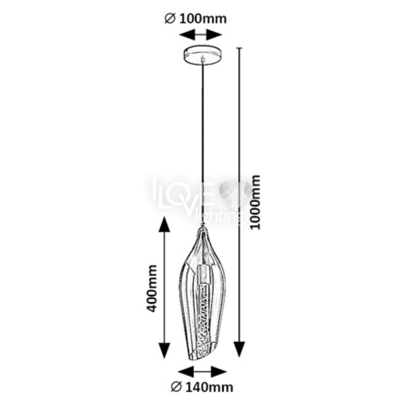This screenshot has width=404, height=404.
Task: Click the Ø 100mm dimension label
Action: pyautogui.click(x=196, y=19)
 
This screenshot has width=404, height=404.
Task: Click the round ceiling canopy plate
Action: pyautogui.click(x=203, y=55)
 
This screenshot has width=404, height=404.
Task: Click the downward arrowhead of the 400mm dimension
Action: pyautogui.click(x=164, y=350)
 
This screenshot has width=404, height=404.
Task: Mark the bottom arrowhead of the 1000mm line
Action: pyautogui.click(x=239, y=349)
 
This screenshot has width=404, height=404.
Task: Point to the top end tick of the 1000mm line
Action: pyautogui.click(x=240, y=48)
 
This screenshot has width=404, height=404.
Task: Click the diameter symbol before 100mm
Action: pyautogui.click(x=170, y=19)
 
